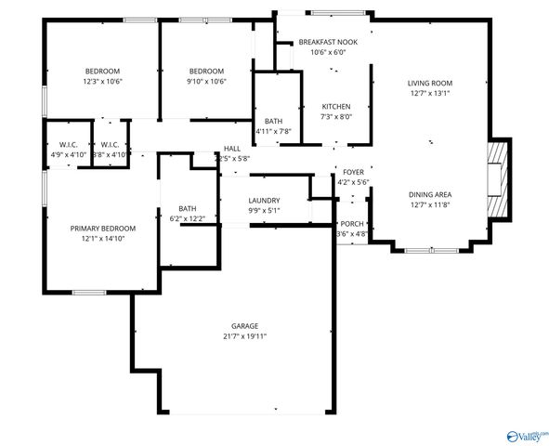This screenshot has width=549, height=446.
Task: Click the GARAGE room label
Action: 245,325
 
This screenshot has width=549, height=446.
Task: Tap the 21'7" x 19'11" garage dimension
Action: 245,336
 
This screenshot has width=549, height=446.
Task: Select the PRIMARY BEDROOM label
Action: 103,228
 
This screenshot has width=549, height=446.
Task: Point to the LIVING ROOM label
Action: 428,83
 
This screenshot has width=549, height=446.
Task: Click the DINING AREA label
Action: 428,194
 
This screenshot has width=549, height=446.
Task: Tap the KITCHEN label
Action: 336,106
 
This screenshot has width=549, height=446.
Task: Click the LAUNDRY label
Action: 264,200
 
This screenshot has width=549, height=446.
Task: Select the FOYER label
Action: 353,172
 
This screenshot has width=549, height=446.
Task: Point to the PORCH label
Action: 352,224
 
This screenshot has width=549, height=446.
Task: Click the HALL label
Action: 231,149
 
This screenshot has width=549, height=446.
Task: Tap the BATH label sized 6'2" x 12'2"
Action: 188,208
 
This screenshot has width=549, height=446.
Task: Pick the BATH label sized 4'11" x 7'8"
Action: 273,121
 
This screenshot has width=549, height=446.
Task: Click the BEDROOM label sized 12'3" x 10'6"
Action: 103,72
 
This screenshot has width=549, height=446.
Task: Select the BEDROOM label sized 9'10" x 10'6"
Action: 206,72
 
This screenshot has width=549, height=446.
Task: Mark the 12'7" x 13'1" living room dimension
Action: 428,93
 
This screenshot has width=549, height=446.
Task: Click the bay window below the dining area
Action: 428,249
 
